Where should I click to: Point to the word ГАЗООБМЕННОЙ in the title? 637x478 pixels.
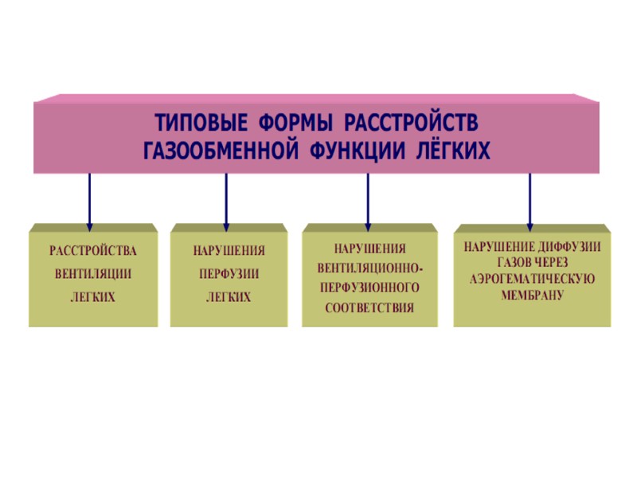[x=225, y=150]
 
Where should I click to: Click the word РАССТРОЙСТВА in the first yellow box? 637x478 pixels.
[x=93, y=251]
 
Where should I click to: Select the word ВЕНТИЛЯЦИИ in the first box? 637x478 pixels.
[x=93, y=274]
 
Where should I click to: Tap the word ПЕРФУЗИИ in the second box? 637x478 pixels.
[x=229, y=274]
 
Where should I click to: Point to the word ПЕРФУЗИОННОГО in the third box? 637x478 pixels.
[x=370, y=286]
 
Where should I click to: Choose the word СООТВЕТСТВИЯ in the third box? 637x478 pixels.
[x=370, y=306]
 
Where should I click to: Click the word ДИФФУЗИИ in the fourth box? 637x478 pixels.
[x=569, y=247]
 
